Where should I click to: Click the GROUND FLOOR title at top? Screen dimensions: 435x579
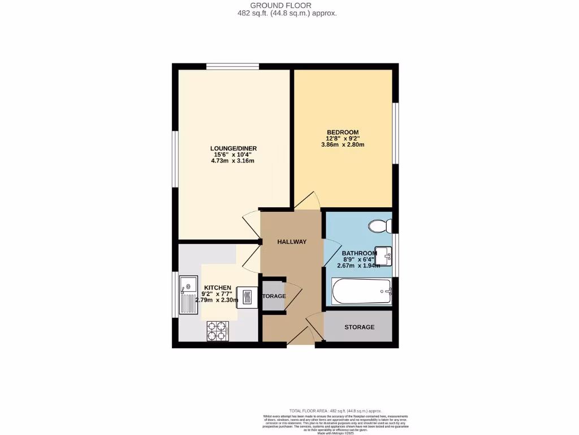pos(289,5)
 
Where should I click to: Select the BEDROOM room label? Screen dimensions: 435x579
pos(343,133)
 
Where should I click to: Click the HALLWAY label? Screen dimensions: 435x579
pos(292,242)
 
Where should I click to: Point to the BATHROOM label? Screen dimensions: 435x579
pos(358,253)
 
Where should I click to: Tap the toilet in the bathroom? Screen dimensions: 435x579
pos(379,227)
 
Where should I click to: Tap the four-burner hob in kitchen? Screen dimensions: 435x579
pos(217,331)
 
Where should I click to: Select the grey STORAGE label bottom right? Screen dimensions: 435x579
pos(360,327)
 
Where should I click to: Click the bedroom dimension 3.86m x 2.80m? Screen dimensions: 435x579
pos(343,144)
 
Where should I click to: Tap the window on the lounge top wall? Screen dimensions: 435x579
pos(232,67)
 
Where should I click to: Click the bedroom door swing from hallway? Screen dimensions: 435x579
pos(307,201)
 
